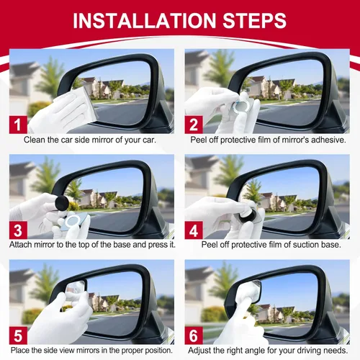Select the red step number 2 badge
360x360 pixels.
click(x=194, y=123)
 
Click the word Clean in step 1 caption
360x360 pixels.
click(x=37, y=140)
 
